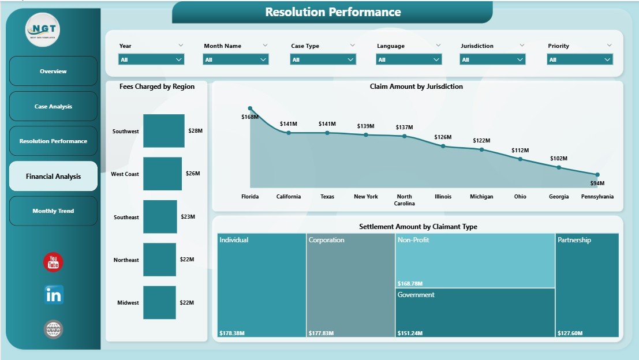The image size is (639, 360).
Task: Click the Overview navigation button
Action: coord(53,71)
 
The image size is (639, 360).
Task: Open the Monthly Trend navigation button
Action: coord(53,211)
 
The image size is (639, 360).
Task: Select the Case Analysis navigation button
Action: coord(53,106)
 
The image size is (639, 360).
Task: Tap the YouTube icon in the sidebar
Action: coord(54,262)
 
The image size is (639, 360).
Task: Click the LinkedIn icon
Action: coord(54,295)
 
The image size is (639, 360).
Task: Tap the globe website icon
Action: coord(54,329)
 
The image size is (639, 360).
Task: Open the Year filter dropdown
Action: coord(151,59)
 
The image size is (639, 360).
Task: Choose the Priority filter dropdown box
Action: coord(580,59)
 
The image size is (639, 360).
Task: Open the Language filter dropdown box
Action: coord(409,59)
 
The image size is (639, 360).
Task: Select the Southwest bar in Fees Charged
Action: coord(164,131)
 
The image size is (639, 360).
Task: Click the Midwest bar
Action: coord(159,302)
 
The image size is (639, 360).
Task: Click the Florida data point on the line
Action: coord(250,108)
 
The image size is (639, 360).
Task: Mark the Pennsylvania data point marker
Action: coord(597,174)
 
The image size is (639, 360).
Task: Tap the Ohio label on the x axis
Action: coord(520,197)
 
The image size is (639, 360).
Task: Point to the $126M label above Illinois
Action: coord(443,137)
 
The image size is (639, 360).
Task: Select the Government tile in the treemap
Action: coord(475,312)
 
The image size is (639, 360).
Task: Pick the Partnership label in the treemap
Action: coord(574,240)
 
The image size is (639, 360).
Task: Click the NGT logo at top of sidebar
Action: coord(44,29)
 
